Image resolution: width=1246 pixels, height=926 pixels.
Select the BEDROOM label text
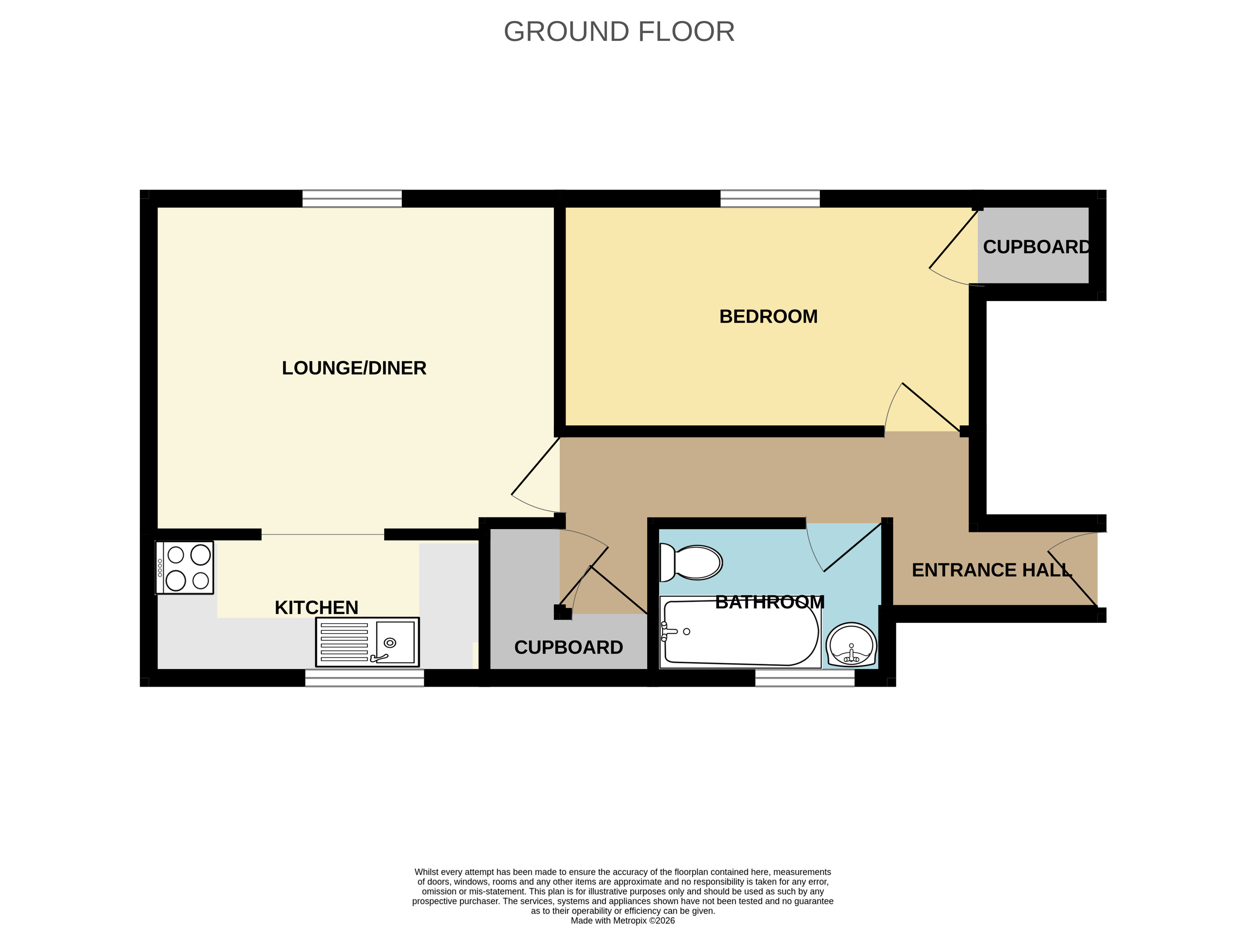tap(768, 317)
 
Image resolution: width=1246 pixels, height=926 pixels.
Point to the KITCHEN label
tap(316, 608)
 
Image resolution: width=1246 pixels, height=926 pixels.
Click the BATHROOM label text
tap(770, 602)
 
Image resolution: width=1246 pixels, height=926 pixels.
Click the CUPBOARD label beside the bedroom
tap(1036, 247)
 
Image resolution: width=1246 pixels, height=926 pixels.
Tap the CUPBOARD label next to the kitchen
tap(568, 647)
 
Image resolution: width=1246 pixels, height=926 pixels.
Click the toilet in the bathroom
tap(691, 562)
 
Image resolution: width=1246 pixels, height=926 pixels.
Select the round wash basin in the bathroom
tap(851, 644)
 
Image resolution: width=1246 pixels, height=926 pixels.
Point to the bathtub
tap(740, 632)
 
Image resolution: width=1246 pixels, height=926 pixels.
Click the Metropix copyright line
tap(623, 920)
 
